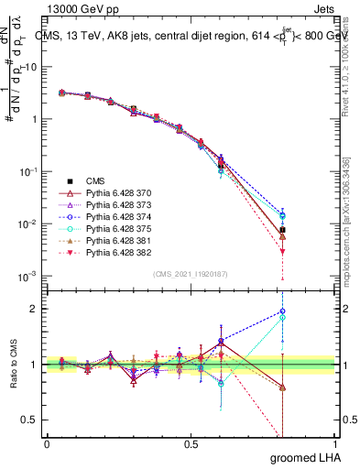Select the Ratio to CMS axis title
click(12, 366)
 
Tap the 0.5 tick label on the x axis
click(191, 444)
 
